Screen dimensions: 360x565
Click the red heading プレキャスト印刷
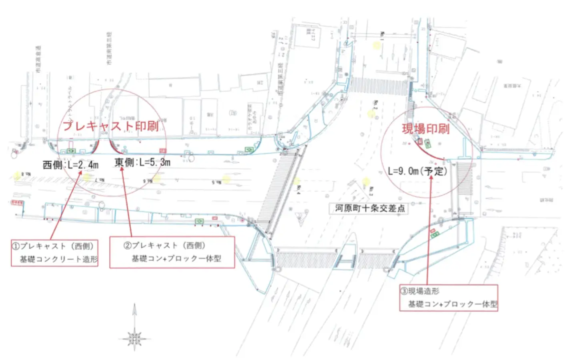(110, 126)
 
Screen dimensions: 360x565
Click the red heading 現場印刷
(425, 129)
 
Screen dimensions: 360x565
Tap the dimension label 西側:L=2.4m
(70, 164)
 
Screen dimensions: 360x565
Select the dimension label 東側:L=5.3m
(142, 162)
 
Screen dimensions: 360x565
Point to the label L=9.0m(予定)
(417, 171)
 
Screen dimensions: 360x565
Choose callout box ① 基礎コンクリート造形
(55, 253)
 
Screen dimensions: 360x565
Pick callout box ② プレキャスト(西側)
(172, 252)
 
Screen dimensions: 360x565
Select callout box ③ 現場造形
(449, 298)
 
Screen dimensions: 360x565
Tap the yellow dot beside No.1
(377, 45)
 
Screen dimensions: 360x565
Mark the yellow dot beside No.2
(371, 114)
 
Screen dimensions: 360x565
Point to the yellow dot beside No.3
(366, 182)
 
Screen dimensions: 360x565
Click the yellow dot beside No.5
(226, 179)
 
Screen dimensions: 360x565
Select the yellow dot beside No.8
(17, 175)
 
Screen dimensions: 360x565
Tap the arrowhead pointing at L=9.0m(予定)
(431, 177)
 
